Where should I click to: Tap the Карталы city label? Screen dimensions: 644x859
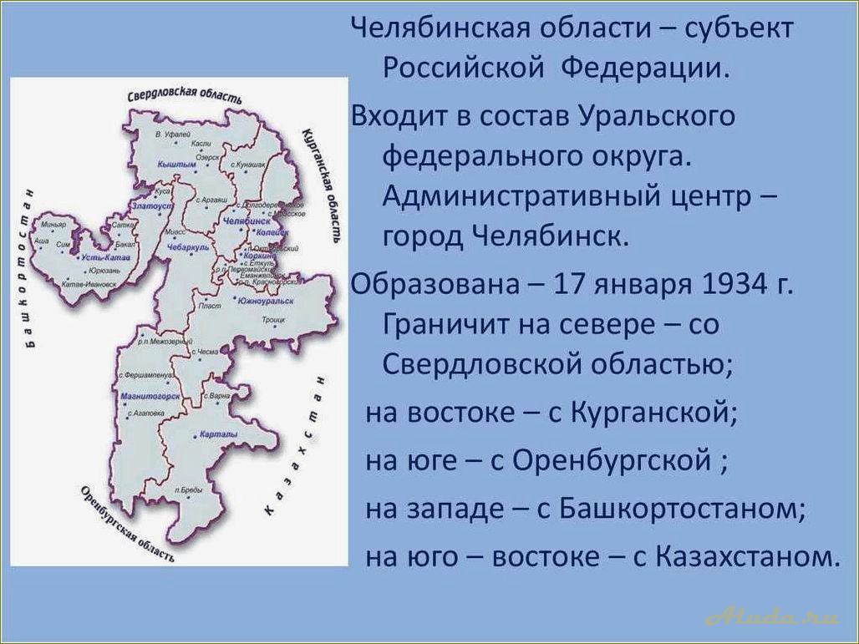(x=219, y=435)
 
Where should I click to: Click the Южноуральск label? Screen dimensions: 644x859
(x=264, y=300)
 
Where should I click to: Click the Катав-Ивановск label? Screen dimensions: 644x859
(x=86, y=285)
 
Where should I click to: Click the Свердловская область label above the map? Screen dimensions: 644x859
(x=185, y=94)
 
